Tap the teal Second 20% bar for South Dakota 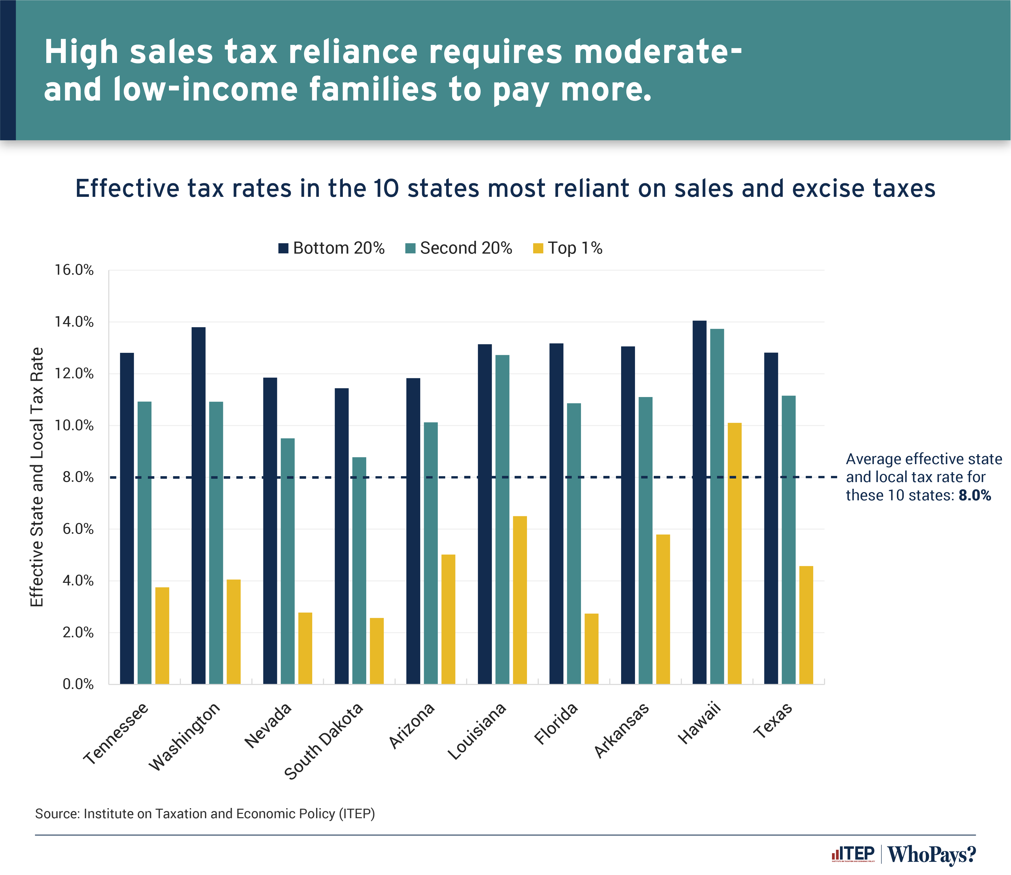pyautogui.click(x=359, y=570)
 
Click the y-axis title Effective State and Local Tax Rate pyautogui.click(x=37, y=477)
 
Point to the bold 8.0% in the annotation pyautogui.click(x=974, y=495)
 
